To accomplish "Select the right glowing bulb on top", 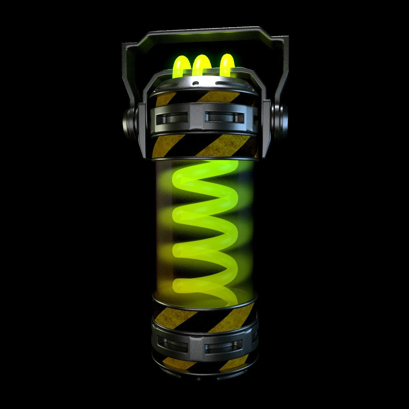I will [x=227, y=63].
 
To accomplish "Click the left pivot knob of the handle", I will [x=130, y=119].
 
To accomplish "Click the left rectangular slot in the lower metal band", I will [x=171, y=345].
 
